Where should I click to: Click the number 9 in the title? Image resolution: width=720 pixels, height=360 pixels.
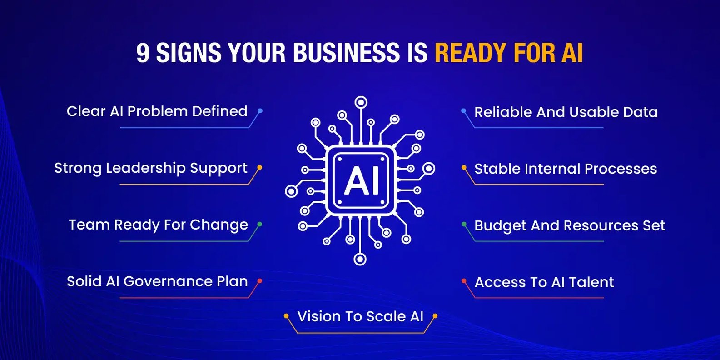pyautogui.click(x=143, y=53)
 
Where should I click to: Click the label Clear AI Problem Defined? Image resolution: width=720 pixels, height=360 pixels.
pyautogui.click(x=157, y=111)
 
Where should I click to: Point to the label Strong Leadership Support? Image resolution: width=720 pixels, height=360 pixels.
pyautogui.click(x=151, y=168)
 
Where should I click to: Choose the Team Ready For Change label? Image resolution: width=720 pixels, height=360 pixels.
pyautogui.click(x=158, y=225)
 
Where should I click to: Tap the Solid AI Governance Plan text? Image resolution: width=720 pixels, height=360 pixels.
pyautogui.click(x=157, y=281)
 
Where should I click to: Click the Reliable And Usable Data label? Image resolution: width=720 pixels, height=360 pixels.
pyautogui.click(x=566, y=112)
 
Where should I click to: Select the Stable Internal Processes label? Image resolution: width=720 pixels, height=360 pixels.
pyautogui.click(x=566, y=169)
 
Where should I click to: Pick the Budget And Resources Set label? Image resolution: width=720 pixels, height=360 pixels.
pyautogui.click(x=570, y=225)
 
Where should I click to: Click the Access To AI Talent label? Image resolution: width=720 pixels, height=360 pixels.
pyautogui.click(x=544, y=282)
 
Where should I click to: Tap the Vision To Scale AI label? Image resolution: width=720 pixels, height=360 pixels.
pyautogui.click(x=360, y=316)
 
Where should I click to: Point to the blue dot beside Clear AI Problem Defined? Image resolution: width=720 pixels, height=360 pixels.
pyautogui.click(x=260, y=111)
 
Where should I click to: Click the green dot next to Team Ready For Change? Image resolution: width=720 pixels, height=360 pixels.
pyautogui.click(x=260, y=224)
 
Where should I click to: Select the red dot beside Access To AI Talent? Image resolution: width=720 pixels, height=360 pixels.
pyautogui.click(x=464, y=281)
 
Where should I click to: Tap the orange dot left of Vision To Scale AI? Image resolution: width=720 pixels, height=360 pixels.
pyautogui.click(x=286, y=316)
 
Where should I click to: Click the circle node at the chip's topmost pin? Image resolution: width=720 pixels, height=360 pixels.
pyautogui.click(x=361, y=103)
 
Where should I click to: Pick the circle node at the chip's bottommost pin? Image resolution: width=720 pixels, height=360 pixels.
pyautogui.click(x=360, y=259)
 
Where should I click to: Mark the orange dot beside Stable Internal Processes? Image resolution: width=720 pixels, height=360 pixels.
pyautogui.click(x=464, y=168)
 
